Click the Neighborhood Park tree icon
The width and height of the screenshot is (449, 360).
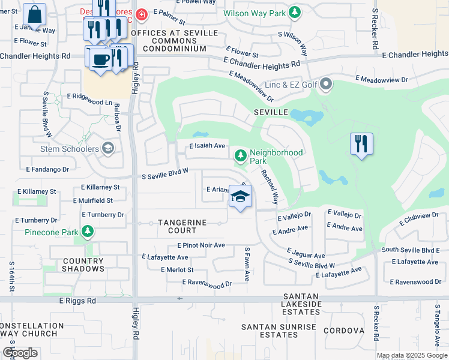(x=241, y=157)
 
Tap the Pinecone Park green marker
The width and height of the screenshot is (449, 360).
(x=88, y=232)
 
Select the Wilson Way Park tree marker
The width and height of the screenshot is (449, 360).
(x=294, y=12)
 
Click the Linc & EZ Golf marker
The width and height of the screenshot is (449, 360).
(x=326, y=85)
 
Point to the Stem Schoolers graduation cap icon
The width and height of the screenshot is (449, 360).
(x=108, y=148)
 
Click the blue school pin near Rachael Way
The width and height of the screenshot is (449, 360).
(x=240, y=197)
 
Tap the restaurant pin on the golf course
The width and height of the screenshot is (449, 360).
(x=361, y=144)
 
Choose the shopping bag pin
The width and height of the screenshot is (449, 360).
(x=35, y=14)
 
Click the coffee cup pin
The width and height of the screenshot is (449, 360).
(x=98, y=59)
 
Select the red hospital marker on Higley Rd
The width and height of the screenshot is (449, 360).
(x=141, y=14)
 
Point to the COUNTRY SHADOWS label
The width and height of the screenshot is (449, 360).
(x=74, y=265)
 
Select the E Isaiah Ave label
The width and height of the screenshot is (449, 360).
(x=207, y=146)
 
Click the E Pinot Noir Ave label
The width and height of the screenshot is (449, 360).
(x=201, y=245)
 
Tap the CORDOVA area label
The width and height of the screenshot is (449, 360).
(x=344, y=331)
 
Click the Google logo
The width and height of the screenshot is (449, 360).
(x=20, y=353)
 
